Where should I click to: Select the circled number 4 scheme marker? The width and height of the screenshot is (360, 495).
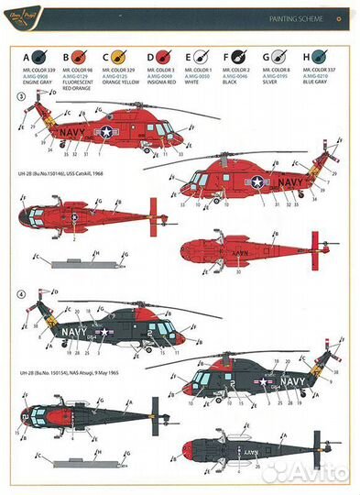pyautogui.click(x=21, y=295)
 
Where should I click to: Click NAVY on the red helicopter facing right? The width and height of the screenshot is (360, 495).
pyautogui.click(x=71, y=132)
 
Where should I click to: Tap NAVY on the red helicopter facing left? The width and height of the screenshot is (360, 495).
pyautogui.click(x=289, y=182)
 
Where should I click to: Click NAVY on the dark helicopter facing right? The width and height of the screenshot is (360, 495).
pyautogui.click(x=72, y=325)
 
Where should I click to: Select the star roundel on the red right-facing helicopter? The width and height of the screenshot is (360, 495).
pyautogui.click(x=107, y=133)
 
